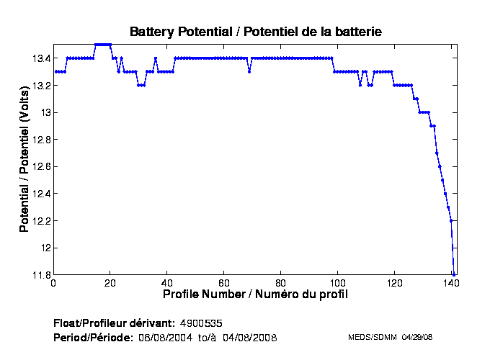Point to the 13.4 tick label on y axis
[41, 58]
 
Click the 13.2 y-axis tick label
[41, 86]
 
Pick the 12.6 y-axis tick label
[41, 167]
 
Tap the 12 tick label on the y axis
[45, 248]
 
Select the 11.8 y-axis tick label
[41, 275]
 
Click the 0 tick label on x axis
[53, 284]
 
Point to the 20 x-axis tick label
[110, 284]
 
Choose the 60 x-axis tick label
[224, 284]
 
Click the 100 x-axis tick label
[337, 284]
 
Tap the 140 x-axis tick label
[451, 284]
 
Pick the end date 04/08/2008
[250, 337]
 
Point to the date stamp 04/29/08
[416, 337]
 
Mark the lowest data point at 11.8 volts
[454, 274]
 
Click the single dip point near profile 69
[249, 71]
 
